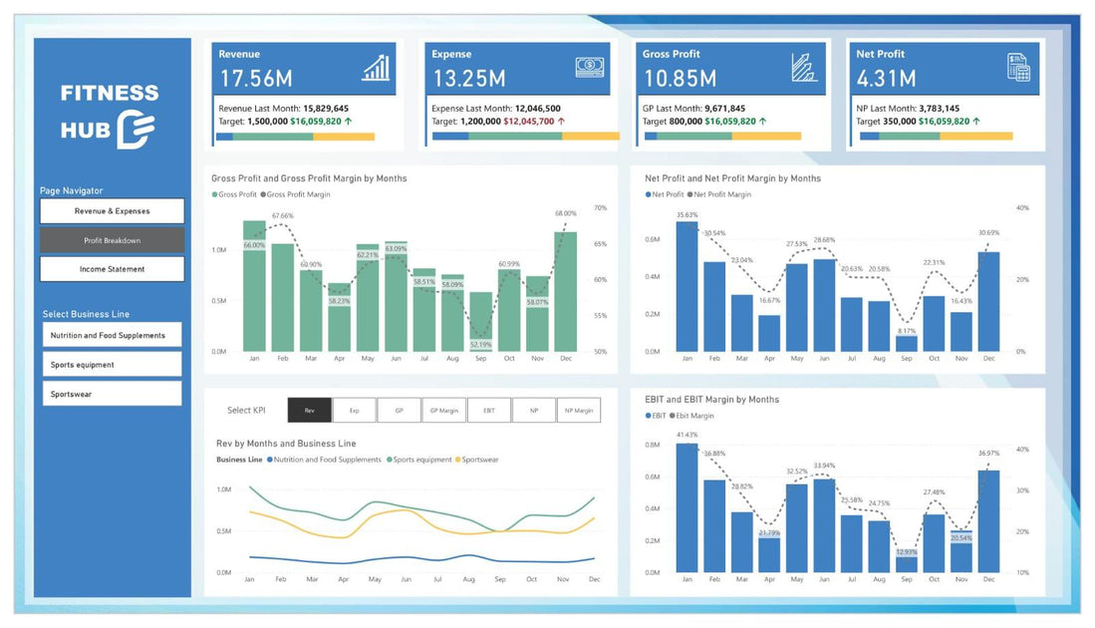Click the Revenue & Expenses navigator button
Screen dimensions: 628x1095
click(112, 211)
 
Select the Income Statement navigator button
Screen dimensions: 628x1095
click(112, 269)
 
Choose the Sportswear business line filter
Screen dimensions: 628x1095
click(112, 394)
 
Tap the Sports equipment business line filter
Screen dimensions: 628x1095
click(112, 365)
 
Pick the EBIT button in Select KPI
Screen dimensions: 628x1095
click(488, 410)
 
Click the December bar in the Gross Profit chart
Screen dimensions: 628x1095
click(565, 291)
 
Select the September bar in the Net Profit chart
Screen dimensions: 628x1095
click(906, 343)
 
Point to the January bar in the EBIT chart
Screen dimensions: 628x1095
click(685, 507)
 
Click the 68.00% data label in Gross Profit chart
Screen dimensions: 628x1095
click(565, 213)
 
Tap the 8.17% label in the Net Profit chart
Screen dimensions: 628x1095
click(906, 331)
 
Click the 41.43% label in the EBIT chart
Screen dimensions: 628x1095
click(685, 435)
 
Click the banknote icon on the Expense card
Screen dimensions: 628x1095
click(588, 67)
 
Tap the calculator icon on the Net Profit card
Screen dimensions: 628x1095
click(1017, 68)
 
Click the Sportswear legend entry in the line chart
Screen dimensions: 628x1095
click(477, 460)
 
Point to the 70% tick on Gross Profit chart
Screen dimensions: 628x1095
click(600, 208)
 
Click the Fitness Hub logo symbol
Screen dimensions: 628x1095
click(135, 131)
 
